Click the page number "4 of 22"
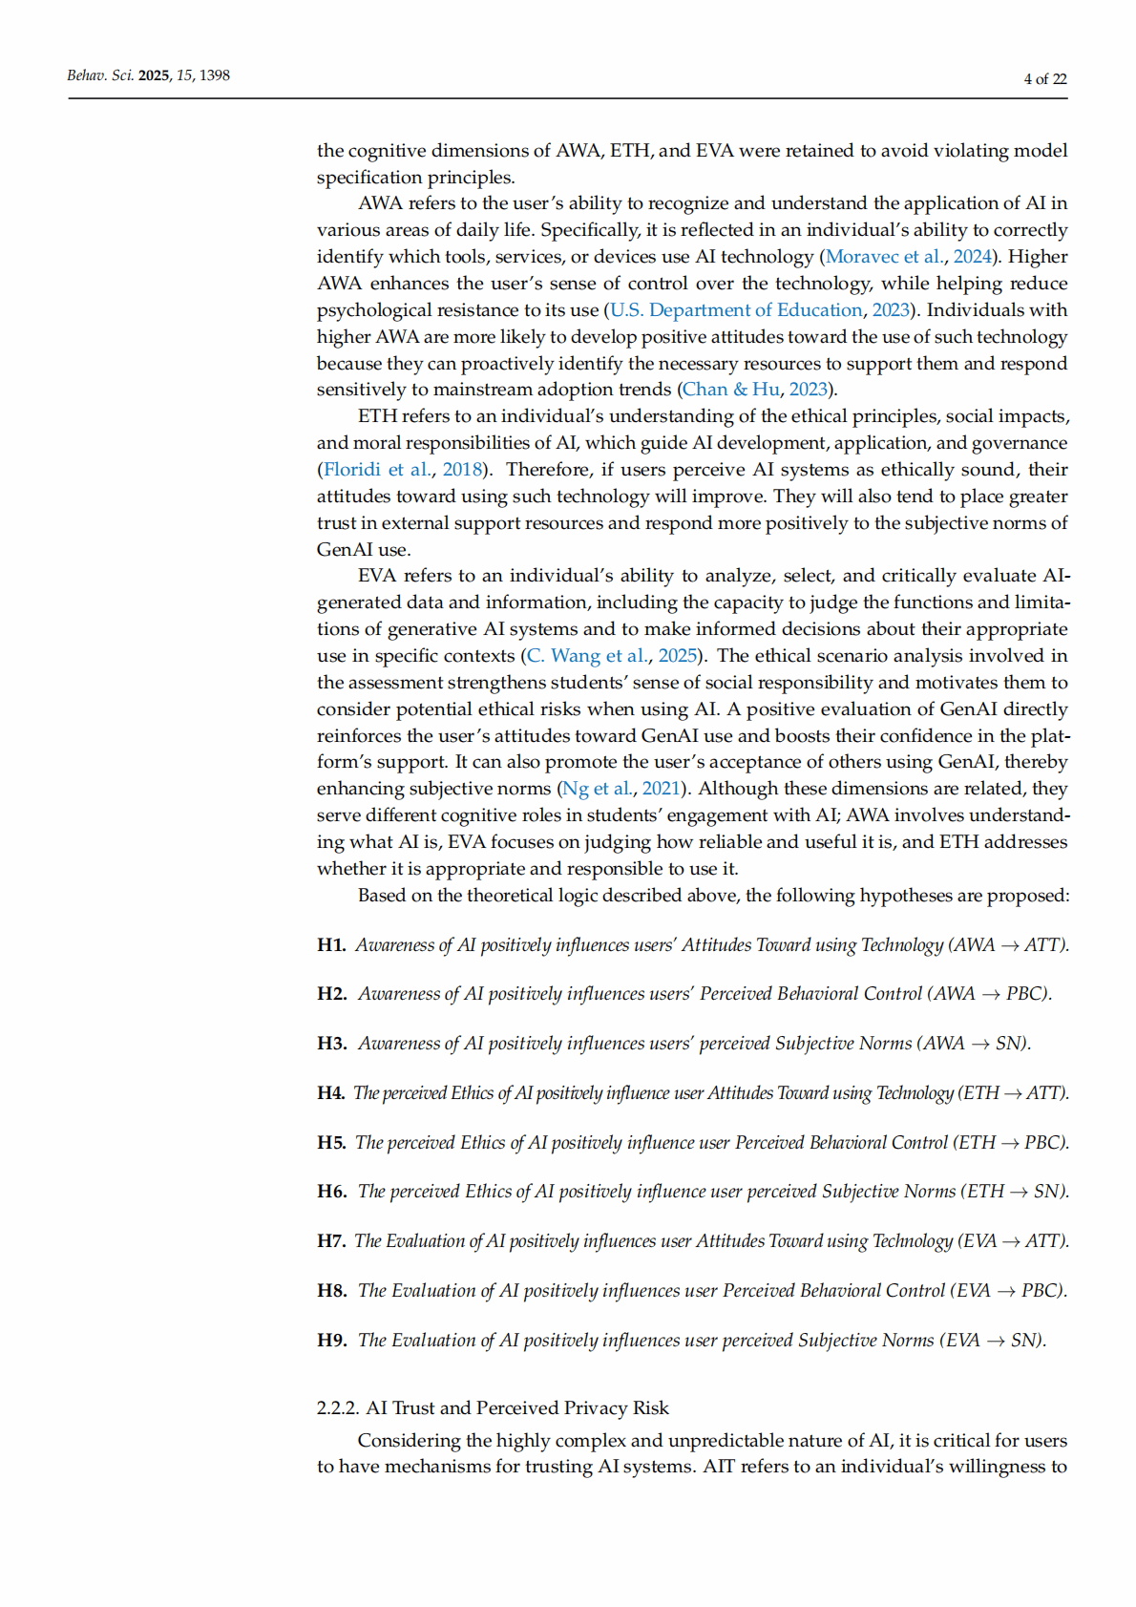click(1044, 79)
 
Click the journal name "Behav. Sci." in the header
click(99, 75)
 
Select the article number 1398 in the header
click(214, 75)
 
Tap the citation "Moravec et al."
click(884, 257)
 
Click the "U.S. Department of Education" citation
click(735, 310)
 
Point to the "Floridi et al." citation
click(377, 470)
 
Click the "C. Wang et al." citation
click(587, 656)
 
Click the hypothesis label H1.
click(331, 945)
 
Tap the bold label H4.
click(331, 1093)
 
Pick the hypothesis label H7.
click(331, 1241)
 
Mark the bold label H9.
click(331, 1341)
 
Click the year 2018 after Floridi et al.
click(462, 470)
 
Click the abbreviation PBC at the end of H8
click(1041, 1291)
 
